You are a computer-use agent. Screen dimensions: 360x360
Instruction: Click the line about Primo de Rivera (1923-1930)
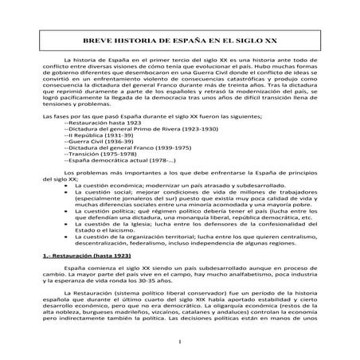tap(132, 155)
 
